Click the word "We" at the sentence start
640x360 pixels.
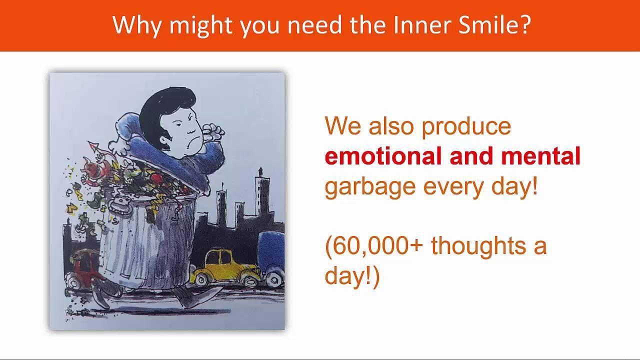[343, 126]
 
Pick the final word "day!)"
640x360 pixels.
[352, 276]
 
